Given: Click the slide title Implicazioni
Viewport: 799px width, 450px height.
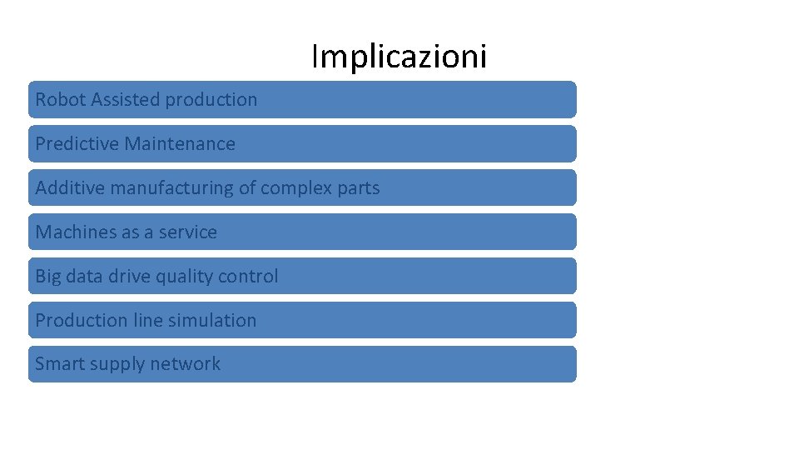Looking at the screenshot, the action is (x=399, y=57).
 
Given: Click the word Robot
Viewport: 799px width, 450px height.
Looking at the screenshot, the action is (x=61, y=100).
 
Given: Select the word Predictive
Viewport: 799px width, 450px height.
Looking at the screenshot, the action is (x=77, y=144).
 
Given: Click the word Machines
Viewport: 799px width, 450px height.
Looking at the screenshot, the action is (x=76, y=232).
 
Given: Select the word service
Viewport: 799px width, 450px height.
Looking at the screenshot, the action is (x=187, y=232).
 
